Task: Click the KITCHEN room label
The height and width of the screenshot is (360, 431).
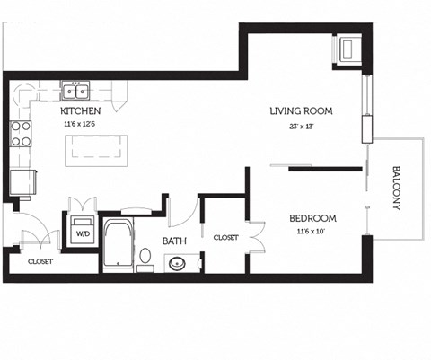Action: pos(80,111)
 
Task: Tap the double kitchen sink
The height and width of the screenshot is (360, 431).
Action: pos(75,91)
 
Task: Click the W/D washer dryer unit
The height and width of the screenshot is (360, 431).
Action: pos(83,231)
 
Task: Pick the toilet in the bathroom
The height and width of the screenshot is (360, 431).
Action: pos(145,259)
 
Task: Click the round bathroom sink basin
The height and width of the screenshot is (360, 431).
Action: pos(177,264)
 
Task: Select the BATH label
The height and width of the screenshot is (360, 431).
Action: pos(174,241)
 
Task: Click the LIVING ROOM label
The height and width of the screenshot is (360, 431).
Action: pos(302,111)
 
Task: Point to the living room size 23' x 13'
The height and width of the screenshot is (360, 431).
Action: pos(302,126)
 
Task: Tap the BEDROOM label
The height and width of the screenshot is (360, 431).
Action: pos(312,218)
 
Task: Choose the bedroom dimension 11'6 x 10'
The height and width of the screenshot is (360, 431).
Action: pos(312,232)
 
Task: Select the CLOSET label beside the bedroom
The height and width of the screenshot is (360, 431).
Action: pos(225,238)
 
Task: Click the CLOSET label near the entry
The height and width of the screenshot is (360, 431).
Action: pos(40,262)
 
